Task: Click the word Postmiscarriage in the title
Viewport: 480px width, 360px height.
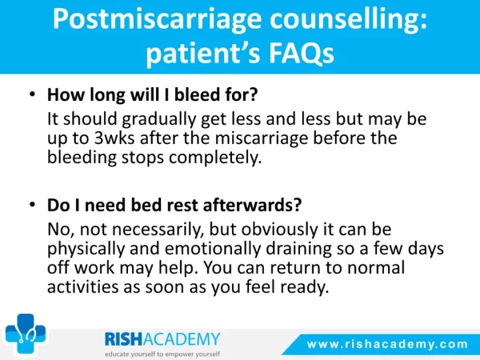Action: (x=157, y=20)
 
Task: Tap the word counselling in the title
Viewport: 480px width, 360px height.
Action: (x=345, y=19)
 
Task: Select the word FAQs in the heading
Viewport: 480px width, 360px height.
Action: (x=302, y=53)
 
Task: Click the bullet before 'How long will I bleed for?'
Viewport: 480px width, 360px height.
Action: (x=33, y=94)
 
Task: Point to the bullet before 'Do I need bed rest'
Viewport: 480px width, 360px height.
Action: (x=33, y=204)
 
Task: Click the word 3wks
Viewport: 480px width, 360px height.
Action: (x=114, y=138)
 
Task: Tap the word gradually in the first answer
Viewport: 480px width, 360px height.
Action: (x=158, y=119)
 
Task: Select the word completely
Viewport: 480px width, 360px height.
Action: (x=215, y=158)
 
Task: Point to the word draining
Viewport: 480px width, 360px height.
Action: (x=298, y=249)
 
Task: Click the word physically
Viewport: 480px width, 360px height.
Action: (x=86, y=249)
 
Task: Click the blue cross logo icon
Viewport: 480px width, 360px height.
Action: (x=26, y=334)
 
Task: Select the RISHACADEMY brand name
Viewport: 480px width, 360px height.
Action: (x=162, y=339)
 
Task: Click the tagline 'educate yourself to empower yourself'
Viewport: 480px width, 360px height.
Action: (x=162, y=354)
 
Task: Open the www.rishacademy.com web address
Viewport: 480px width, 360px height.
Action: (x=387, y=344)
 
